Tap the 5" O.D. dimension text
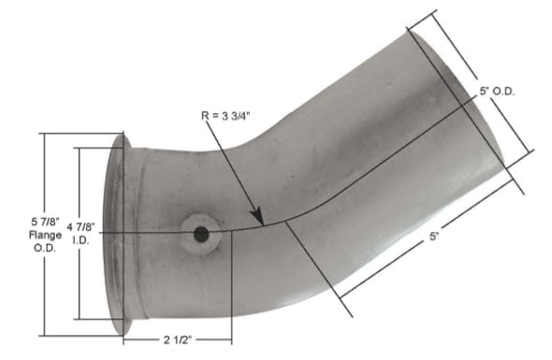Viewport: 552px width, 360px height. [497, 91]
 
